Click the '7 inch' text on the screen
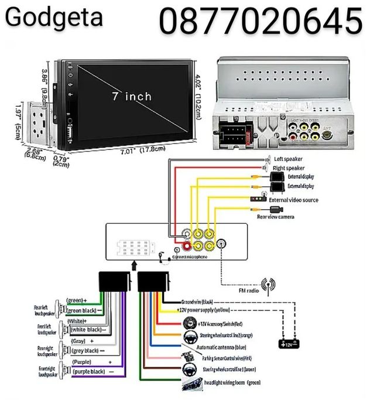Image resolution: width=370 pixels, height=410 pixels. (x=131, y=96)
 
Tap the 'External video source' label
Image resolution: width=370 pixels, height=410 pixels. (x=310, y=200)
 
